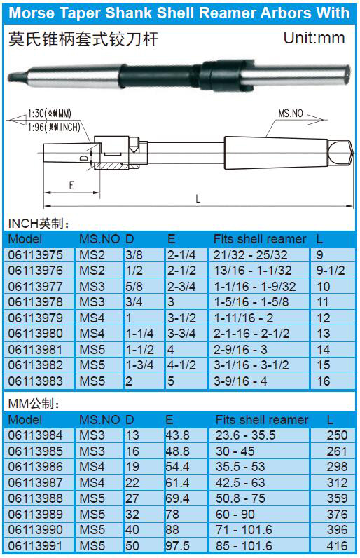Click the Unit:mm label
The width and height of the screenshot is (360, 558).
(x=314, y=38)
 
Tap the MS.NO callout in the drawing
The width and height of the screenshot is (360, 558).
(x=291, y=114)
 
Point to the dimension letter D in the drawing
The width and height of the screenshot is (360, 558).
(x=84, y=158)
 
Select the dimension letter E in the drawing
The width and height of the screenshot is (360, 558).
(x=71, y=185)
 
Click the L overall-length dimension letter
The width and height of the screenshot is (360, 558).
(x=198, y=198)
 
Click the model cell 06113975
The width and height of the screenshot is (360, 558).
(x=36, y=254)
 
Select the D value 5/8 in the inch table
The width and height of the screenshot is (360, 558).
(x=134, y=287)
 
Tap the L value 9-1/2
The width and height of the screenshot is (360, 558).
(x=331, y=271)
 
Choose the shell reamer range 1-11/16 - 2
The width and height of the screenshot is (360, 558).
(x=243, y=318)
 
